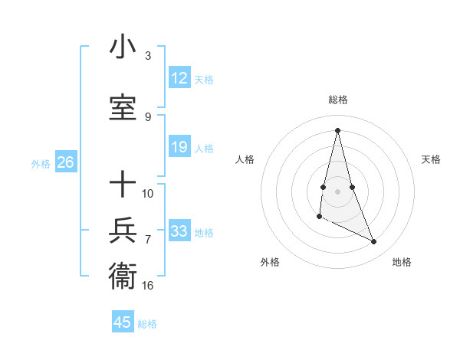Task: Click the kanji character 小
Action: [x=123, y=48]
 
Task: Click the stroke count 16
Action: [x=148, y=286]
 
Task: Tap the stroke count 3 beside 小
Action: [x=148, y=56]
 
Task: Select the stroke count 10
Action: [x=148, y=193]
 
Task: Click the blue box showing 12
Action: [x=179, y=78]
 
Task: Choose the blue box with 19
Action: [x=179, y=147]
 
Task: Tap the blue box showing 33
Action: [x=179, y=231]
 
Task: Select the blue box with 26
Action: [x=66, y=162]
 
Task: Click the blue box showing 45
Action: [x=123, y=322]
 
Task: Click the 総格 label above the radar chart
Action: [x=337, y=100]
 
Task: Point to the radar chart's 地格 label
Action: [x=402, y=262]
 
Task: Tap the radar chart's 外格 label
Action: [x=270, y=262]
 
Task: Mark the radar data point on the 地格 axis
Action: [x=374, y=242]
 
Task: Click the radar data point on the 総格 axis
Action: [x=337, y=130]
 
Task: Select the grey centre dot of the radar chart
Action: [x=337, y=191]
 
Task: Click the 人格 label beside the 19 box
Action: [x=204, y=148]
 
